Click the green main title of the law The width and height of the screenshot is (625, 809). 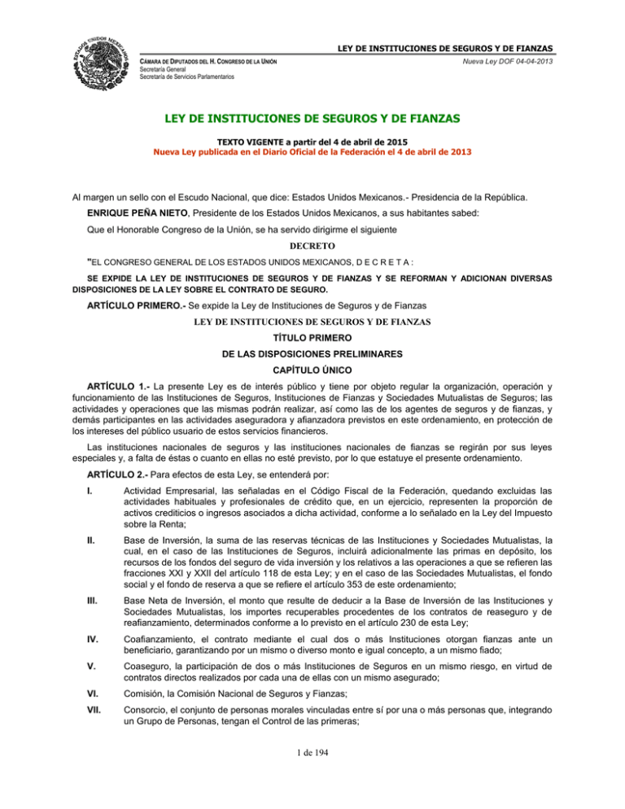coord(312,120)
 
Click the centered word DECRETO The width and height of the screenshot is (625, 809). coord(312,243)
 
